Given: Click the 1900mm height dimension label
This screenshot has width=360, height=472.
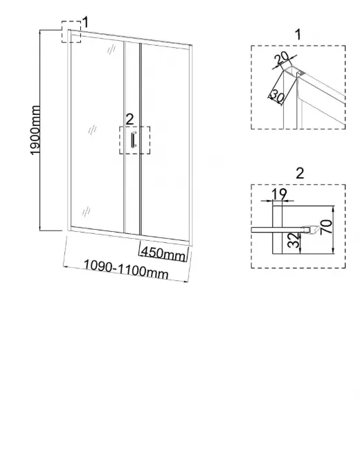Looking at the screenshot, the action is [x=36, y=130].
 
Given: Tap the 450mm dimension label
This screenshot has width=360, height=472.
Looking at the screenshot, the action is [x=163, y=253].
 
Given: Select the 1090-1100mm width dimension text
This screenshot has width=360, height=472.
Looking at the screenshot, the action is [x=126, y=269].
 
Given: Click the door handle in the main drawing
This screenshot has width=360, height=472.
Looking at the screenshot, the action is [x=134, y=140].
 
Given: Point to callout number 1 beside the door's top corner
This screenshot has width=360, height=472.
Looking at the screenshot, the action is [x=85, y=23].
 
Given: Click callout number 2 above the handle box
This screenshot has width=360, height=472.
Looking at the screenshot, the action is [x=129, y=120].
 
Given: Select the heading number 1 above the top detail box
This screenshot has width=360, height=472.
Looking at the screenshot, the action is [x=298, y=35].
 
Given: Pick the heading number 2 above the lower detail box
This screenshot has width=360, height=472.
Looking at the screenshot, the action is [x=300, y=174].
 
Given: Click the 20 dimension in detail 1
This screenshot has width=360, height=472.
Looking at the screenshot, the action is [x=282, y=58].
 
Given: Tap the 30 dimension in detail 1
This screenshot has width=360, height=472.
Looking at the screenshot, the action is [x=277, y=96].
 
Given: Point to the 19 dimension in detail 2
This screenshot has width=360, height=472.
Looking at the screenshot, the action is [x=279, y=194].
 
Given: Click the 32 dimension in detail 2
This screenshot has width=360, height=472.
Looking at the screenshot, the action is [x=294, y=240].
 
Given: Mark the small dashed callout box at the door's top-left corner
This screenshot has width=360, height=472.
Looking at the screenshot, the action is [x=71, y=32].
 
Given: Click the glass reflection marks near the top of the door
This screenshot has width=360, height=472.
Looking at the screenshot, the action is [x=111, y=49].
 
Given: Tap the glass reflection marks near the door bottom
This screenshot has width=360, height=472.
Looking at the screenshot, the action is [x=86, y=211].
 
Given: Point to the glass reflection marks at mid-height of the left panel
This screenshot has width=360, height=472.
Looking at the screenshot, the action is [x=92, y=130].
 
